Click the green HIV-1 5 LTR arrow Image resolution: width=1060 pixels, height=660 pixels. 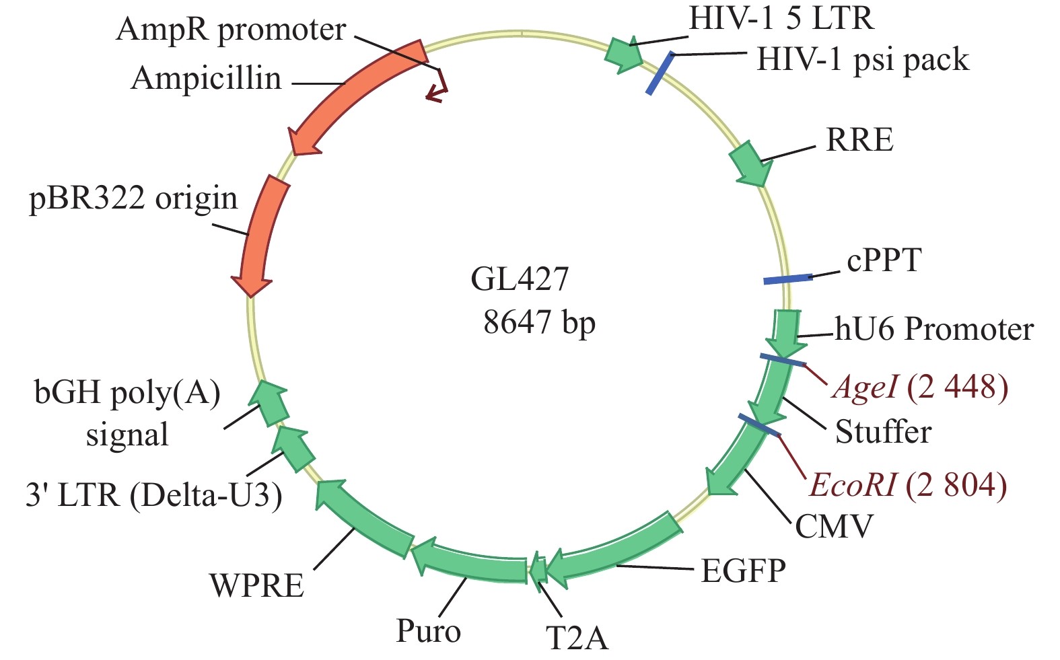click(625, 54)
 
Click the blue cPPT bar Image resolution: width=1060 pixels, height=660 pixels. click(787, 279)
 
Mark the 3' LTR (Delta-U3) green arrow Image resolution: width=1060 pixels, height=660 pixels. click(294, 447)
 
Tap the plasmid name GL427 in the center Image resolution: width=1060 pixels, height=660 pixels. click(520, 279)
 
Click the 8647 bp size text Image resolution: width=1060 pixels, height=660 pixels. click(539, 322)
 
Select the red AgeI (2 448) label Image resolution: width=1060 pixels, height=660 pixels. click(920, 388)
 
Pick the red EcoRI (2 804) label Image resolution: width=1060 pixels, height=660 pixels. click(908, 485)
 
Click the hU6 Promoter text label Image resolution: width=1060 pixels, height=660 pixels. click(934, 330)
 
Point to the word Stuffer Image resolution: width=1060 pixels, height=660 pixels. click(883, 432)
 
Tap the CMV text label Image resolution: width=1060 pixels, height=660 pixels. click(834, 526)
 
